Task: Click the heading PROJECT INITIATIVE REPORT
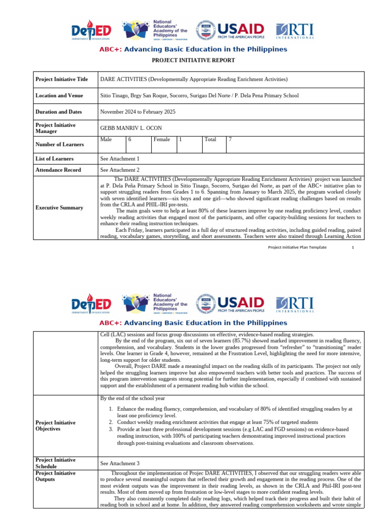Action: pos(193,60)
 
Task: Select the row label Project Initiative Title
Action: pos(61,80)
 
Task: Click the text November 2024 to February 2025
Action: pos(138,112)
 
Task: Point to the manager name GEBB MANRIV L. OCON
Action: pos(132,128)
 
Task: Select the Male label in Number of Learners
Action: pos(106,140)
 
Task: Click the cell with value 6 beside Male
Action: pos(130,140)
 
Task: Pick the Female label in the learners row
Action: pos(162,140)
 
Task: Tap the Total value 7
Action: pos(230,140)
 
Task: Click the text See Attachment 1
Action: pos(120,159)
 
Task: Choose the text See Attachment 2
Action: pos(120,170)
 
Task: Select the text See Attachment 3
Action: pos(120,463)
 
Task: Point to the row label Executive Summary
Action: pos(59,208)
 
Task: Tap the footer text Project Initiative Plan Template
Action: pos(297,247)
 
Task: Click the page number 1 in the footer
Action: pos(353,247)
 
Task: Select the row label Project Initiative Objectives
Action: pos(55,426)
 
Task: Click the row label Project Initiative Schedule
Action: pos(55,463)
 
